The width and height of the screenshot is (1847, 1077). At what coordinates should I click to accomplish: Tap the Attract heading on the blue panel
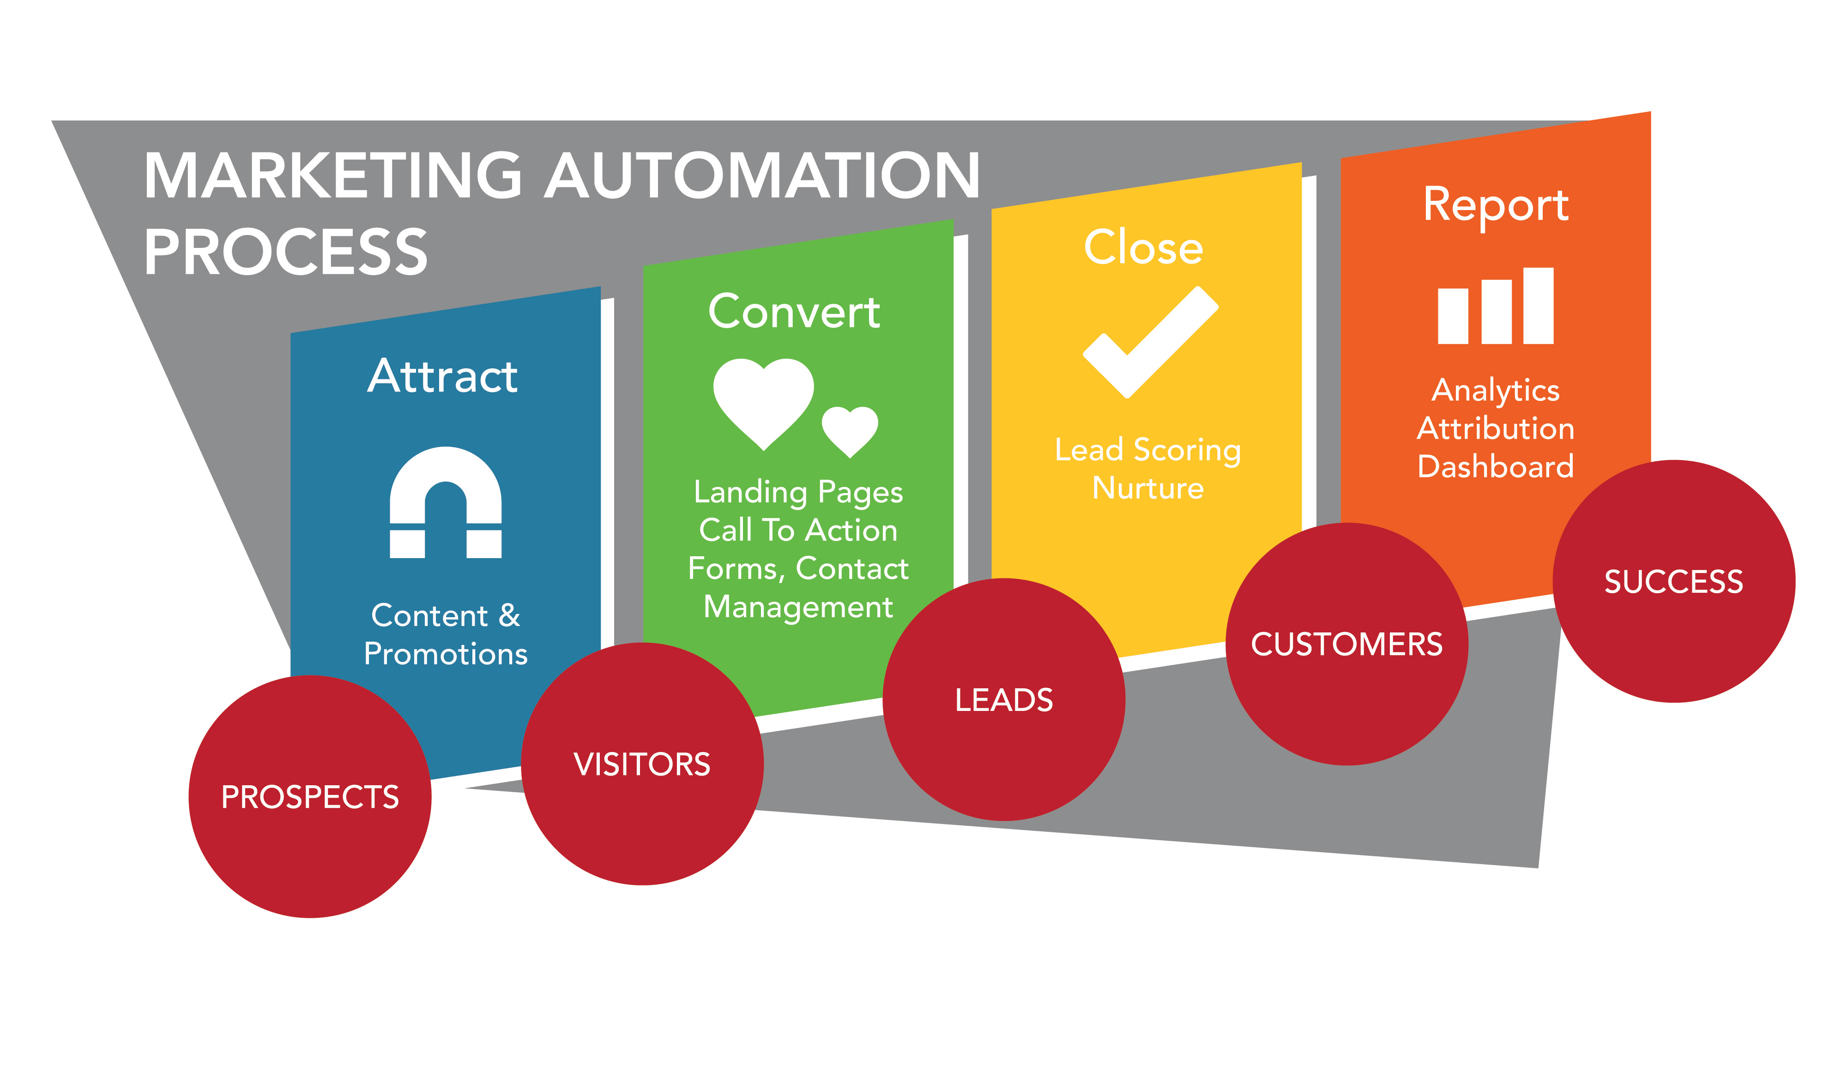coord(443,377)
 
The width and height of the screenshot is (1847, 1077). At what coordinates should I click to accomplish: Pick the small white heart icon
coord(850,430)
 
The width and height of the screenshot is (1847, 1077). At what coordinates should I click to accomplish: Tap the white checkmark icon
coord(1151,342)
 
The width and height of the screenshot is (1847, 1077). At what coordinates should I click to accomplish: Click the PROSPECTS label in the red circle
coord(310,797)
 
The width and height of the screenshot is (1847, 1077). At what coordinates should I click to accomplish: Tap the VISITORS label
coord(642,764)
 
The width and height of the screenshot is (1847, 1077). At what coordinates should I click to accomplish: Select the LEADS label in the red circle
coord(1004,700)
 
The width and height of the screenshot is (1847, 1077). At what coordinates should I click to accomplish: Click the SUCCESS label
coord(1673,582)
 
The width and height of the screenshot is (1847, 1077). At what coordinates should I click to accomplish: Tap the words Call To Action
coord(798,530)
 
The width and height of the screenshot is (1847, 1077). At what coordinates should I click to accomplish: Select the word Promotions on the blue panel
coord(446,654)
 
